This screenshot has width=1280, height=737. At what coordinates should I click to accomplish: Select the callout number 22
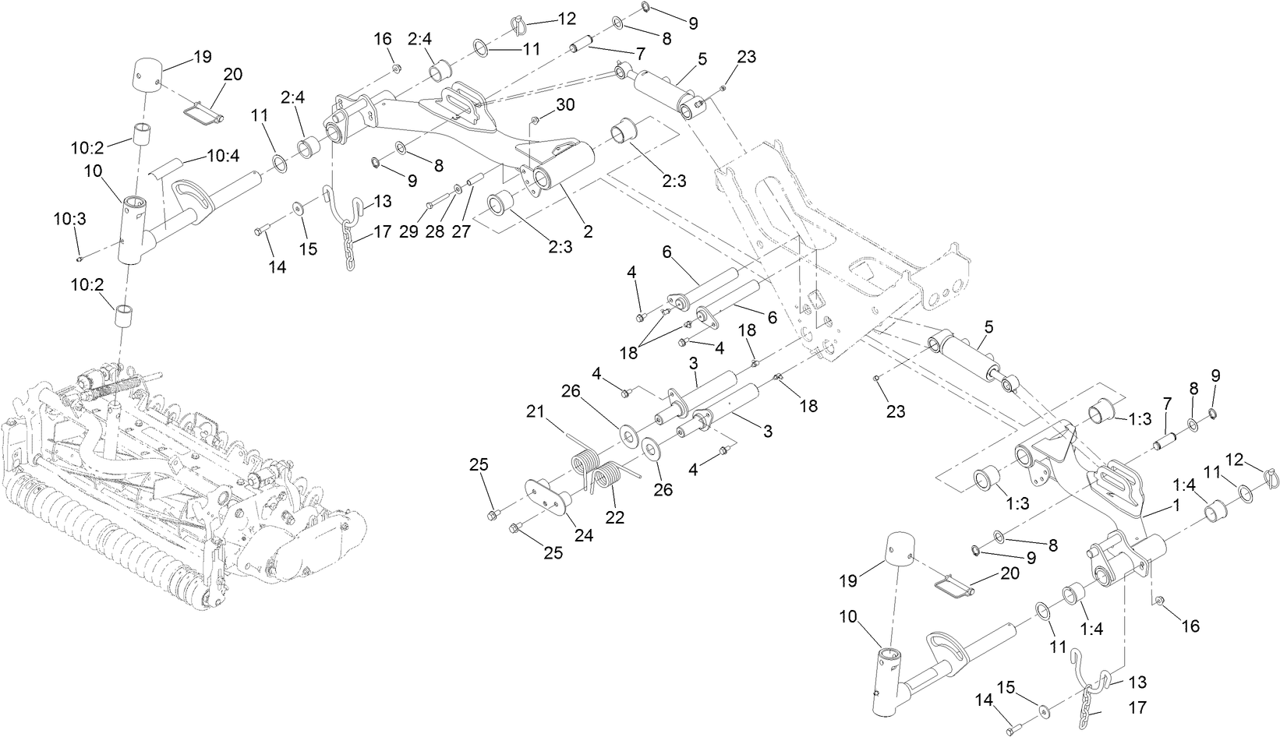tap(615, 517)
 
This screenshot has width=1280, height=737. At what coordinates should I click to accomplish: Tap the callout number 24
tap(583, 535)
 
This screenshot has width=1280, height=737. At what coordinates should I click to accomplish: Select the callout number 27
tap(461, 232)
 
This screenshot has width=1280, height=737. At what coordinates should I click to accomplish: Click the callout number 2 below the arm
tap(587, 231)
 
